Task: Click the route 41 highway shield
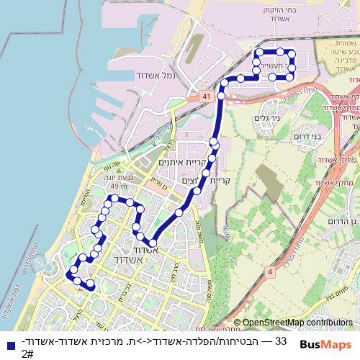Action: pyautogui.click(x=206, y=95)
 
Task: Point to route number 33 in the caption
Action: pyautogui.click(x=281, y=340)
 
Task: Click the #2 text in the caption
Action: pyautogui.click(x=27, y=353)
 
